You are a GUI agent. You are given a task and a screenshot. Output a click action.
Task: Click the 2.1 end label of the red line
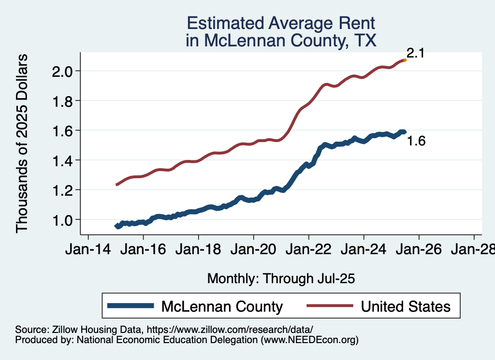coord(415,53)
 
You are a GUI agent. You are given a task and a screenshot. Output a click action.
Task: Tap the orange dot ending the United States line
coord(405,60)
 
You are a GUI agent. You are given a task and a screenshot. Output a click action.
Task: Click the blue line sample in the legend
coord(131,306)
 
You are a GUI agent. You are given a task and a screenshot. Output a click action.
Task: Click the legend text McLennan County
coord(222,306)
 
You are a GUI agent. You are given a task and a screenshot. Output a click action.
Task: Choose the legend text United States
coord(406,306)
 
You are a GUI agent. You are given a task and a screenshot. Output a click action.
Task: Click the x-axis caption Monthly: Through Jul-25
coord(281,279)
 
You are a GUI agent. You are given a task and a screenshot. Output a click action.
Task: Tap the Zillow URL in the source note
coord(230,330)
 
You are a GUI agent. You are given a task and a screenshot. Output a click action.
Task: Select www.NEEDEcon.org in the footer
coord(309,340)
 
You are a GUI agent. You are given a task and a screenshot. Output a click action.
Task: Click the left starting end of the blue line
coord(116,226)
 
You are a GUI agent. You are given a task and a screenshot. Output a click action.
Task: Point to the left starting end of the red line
coord(116,185)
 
